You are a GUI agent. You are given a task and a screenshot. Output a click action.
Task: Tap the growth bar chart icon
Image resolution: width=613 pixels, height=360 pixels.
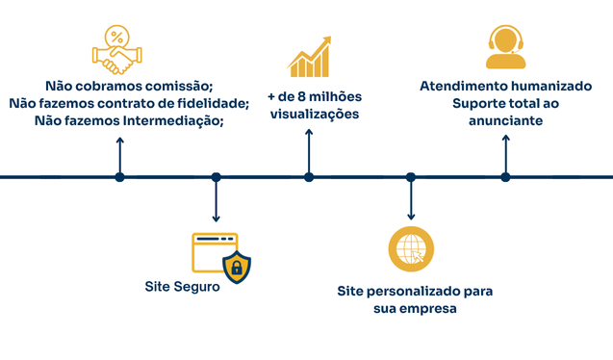[x=310, y=57]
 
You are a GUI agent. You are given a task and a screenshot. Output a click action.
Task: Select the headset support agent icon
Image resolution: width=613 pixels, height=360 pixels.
[x=505, y=48]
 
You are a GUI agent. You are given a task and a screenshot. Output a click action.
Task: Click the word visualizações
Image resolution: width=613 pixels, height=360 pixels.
[x=315, y=115]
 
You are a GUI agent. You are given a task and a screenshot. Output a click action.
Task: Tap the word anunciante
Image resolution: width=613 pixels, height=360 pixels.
[x=505, y=121]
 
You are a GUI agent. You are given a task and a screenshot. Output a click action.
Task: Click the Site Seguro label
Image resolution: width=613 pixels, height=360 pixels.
[x=183, y=286]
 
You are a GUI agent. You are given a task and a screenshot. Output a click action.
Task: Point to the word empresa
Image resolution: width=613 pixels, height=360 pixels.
[x=429, y=308]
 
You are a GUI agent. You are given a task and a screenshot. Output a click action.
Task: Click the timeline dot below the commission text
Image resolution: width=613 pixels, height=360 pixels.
[x=119, y=177]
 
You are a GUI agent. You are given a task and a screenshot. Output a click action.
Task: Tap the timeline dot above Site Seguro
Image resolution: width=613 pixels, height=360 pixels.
[x=216, y=177]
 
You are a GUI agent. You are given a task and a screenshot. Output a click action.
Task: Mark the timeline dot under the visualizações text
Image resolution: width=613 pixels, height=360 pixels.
[x=309, y=177]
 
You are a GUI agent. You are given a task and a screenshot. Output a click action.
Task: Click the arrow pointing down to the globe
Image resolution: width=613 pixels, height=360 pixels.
[x=411, y=202]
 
